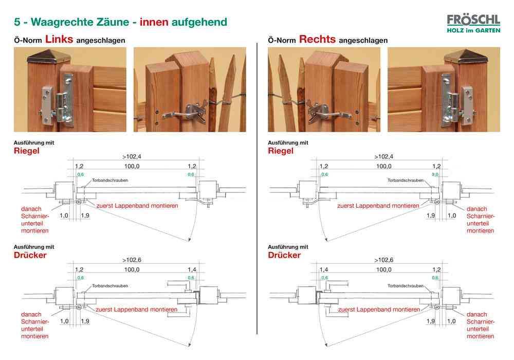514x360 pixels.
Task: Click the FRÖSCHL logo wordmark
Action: [x=473, y=20]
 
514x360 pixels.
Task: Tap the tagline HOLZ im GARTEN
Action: [x=473, y=30]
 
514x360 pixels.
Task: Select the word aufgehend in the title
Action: [x=200, y=22]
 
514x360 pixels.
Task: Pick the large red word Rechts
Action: [x=317, y=39]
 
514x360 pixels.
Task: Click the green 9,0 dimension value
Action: [x=436, y=175]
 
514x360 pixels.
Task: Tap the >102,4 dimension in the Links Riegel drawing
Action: [x=132, y=156]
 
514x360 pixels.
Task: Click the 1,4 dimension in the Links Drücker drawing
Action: [x=192, y=269]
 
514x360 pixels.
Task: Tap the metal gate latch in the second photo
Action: [x=188, y=109]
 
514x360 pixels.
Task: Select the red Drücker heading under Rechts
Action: [x=284, y=255]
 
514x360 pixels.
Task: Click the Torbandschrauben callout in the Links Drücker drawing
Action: [x=110, y=285]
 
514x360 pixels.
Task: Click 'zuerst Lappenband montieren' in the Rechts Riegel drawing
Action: [x=378, y=205]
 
